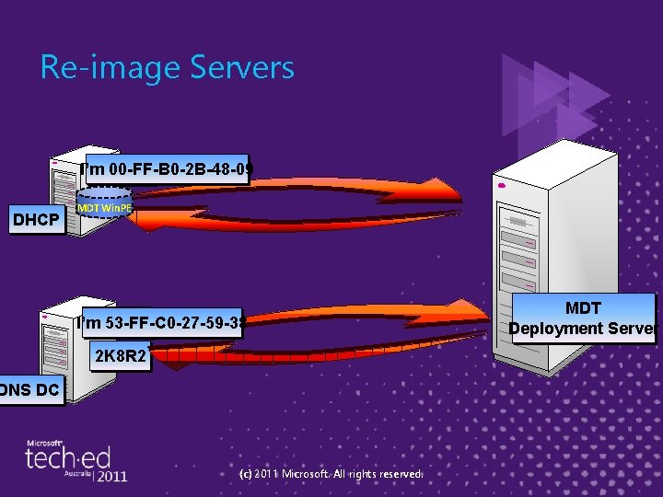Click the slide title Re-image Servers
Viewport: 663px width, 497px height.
[x=167, y=68]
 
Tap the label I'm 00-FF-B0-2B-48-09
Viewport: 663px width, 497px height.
[x=166, y=169]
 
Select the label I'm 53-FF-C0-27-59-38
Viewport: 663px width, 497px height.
[x=161, y=323]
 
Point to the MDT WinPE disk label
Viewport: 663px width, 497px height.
[x=105, y=208]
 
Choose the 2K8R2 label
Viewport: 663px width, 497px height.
[x=118, y=356]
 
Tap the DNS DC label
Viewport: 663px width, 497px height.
[x=30, y=390]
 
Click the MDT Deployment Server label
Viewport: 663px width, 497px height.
[x=582, y=318]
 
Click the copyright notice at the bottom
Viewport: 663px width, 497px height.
[x=330, y=474]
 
